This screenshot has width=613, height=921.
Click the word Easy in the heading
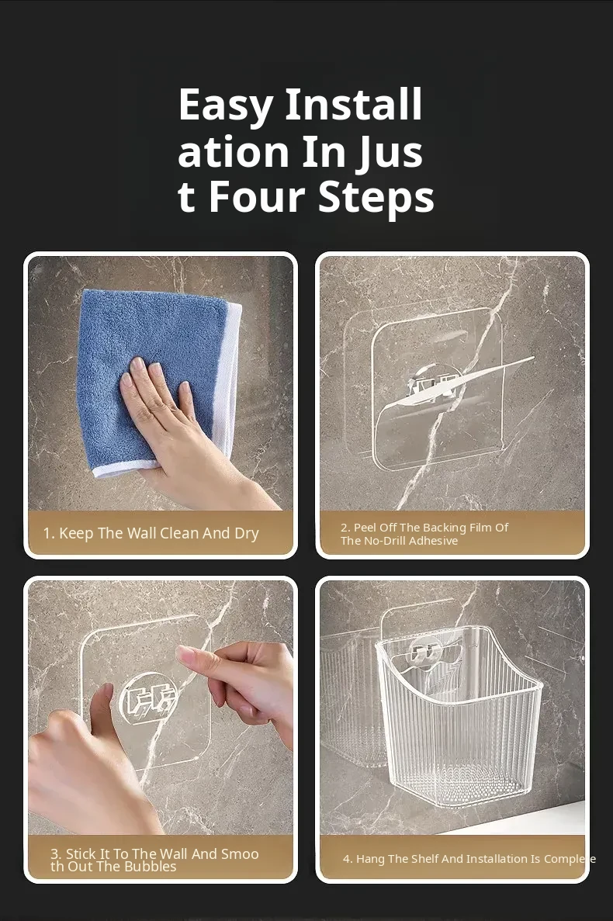226,106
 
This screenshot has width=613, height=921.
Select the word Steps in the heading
376,199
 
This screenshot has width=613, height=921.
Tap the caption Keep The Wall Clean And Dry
151,533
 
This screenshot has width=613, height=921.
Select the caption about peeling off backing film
424,534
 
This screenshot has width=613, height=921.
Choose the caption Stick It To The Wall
154,860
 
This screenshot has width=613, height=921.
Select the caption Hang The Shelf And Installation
469,859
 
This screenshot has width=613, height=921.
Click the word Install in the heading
354,106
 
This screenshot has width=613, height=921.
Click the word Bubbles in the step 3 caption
151,867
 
